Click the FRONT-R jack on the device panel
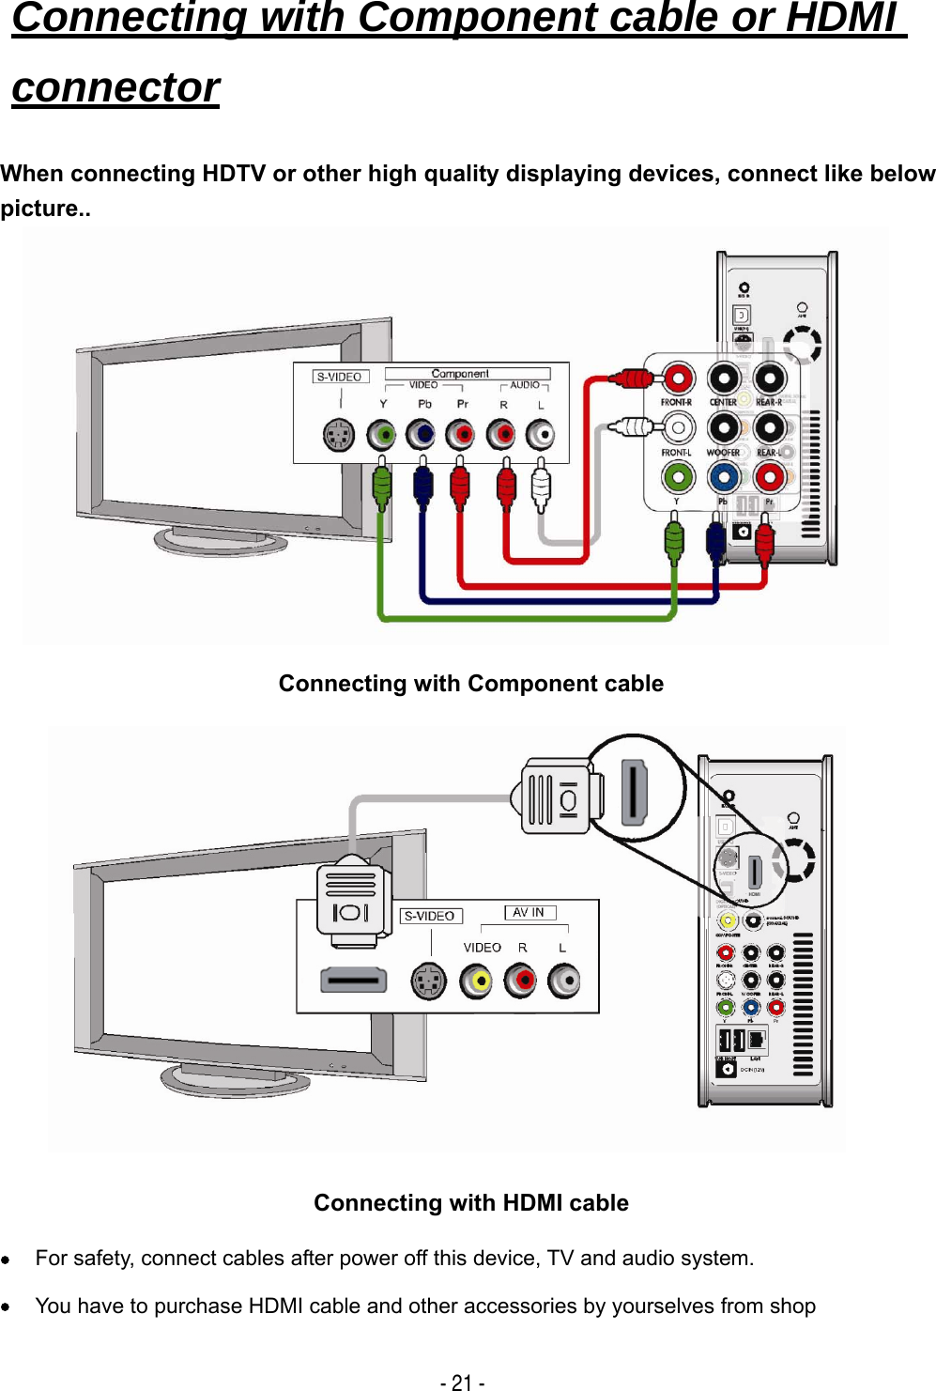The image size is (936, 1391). coord(677,379)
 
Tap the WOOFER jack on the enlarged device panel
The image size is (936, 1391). coord(724,428)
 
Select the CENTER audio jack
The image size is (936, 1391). coord(724,379)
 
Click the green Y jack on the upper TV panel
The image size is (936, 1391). coord(381,435)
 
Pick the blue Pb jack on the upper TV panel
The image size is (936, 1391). coord(421,435)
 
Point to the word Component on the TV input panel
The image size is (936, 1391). coord(460,373)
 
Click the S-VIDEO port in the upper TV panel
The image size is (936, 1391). coord(339,435)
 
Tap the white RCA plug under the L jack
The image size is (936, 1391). coord(541,487)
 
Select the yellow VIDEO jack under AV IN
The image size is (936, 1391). coord(477,981)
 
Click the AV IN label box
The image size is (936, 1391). coord(529,912)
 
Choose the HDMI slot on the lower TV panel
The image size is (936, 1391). coord(354,981)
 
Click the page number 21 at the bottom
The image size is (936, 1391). coord(462,1383)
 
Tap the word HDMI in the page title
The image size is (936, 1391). coord(840,17)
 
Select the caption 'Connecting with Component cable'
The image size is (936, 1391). coord(471,684)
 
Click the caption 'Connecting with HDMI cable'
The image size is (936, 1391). coord(471,1203)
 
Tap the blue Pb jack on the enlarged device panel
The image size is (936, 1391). coord(723,477)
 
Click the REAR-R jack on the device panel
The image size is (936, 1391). coord(770,379)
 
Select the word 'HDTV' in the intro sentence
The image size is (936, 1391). coord(234,174)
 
